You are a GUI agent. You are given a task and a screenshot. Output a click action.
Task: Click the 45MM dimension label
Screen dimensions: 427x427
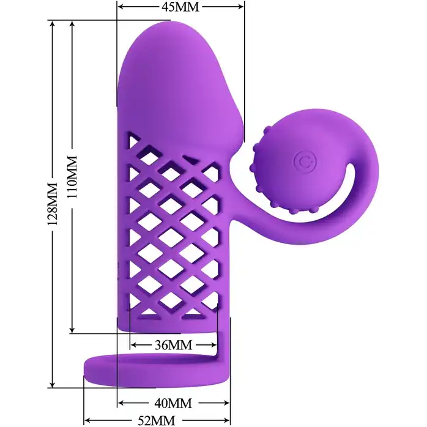180,7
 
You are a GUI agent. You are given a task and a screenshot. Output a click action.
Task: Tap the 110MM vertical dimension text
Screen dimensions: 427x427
72,177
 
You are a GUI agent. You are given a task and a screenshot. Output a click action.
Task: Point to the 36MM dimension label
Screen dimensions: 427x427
174,345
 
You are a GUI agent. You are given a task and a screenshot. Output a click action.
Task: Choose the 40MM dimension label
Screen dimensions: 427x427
173,403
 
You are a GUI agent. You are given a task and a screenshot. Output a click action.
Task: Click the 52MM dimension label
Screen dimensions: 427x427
157,421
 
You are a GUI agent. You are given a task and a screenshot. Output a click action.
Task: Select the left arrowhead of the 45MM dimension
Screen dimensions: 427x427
121,7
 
